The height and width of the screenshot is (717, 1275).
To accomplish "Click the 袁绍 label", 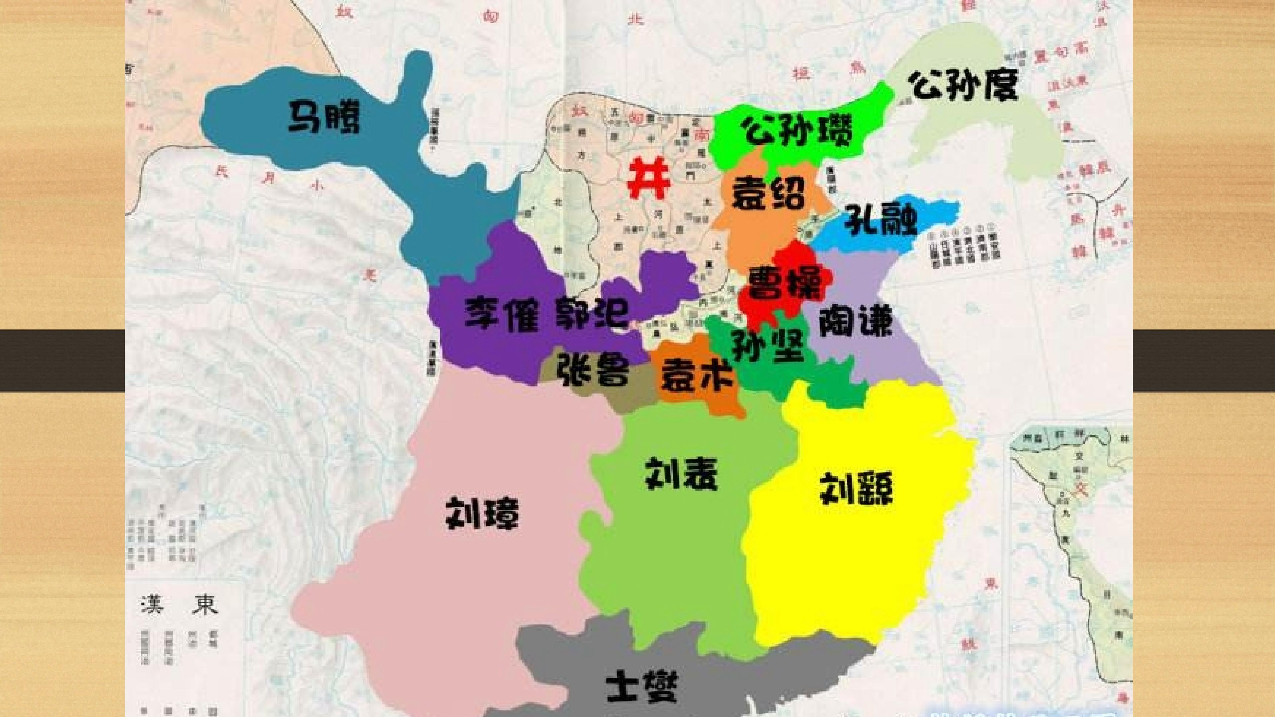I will (x=769, y=194).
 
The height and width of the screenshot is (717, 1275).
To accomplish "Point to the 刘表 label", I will (x=681, y=473).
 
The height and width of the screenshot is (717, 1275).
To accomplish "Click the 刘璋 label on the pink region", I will (x=482, y=514).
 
